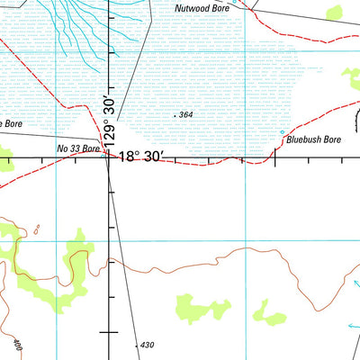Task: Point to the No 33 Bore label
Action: point(78,148)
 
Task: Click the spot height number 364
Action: point(186,115)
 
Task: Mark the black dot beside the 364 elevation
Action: point(174,116)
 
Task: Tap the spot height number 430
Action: point(147,346)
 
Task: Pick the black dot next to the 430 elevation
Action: point(135,345)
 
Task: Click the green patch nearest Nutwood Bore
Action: point(335,13)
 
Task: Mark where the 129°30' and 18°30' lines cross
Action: point(108,159)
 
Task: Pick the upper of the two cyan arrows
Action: point(355,286)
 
